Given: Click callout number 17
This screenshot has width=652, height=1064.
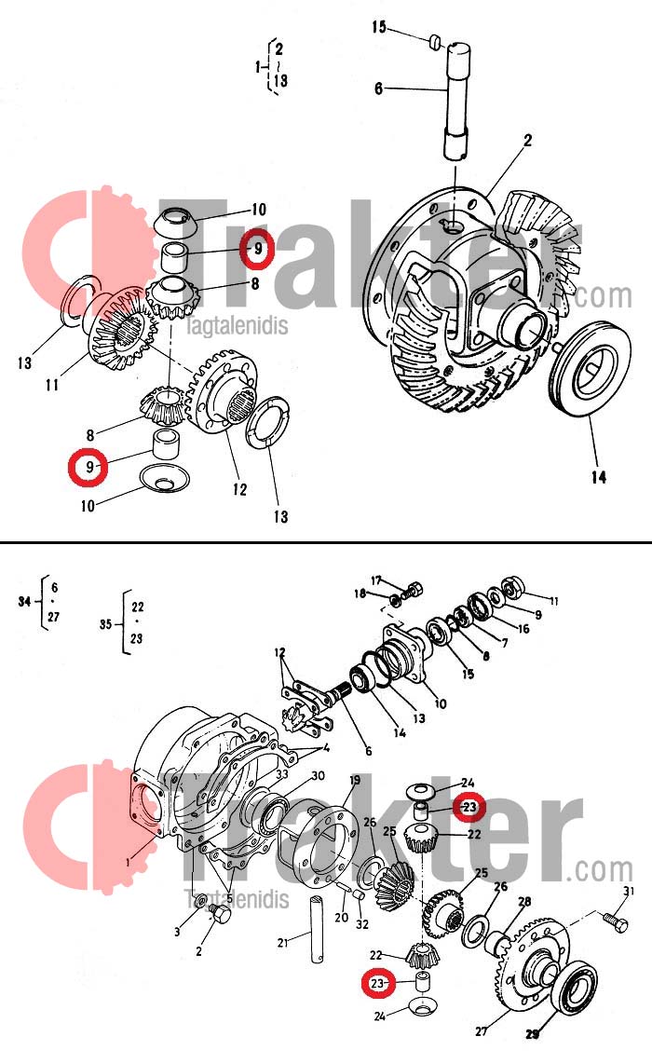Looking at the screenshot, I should [x=376, y=580].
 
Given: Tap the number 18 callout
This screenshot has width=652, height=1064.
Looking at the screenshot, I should [x=360, y=593].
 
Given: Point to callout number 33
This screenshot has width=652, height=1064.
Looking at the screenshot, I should [x=282, y=774].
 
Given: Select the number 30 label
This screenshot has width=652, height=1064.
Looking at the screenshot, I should [x=318, y=776].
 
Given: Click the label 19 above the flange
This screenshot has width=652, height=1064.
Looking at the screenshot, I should [x=355, y=780].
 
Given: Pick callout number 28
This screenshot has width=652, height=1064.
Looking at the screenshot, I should [x=524, y=901].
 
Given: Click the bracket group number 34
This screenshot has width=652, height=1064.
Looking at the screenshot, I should [x=24, y=602].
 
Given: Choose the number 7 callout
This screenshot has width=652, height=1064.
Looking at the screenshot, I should [x=505, y=643].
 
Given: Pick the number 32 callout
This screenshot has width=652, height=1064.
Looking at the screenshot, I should [x=362, y=925].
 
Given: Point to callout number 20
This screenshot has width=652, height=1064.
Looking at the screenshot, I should [x=341, y=918].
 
